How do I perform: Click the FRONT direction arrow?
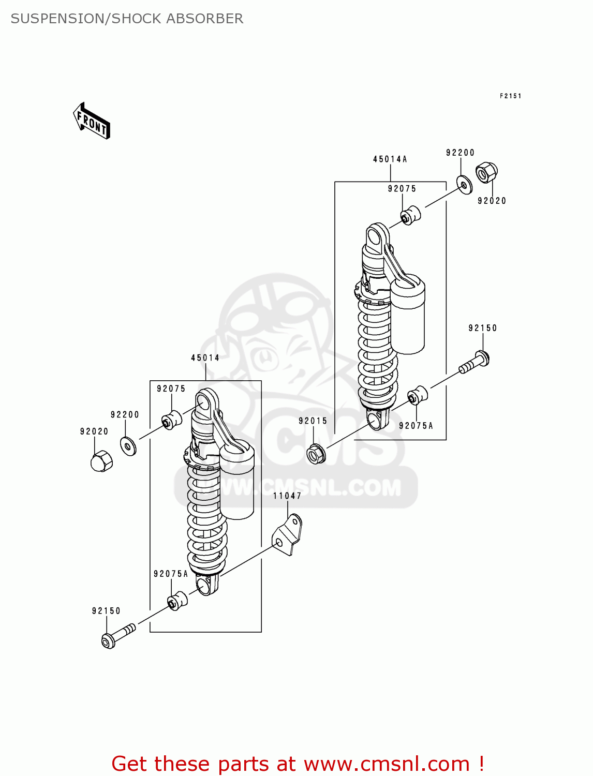(x=92, y=121)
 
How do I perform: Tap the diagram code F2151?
(x=510, y=96)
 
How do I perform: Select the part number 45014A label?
(x=390, y=159)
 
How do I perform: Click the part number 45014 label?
(x=205, y=358)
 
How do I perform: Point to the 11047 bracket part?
(x=288, y=535)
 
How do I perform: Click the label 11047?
(x=287, y=496)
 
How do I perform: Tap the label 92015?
(x=313, y=421)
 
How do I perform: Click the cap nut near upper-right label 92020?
(x=486, y=172)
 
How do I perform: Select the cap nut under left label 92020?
(x=101, y=460)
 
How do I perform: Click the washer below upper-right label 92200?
(x=464, y=185)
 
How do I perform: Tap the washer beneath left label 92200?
(x=128, y=445)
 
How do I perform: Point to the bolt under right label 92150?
(x=474, y=362)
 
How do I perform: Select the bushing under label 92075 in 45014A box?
(x=410, y=215)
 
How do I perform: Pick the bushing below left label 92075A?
(x=176, y=600)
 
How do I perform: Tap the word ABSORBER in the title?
(x=212, y=19)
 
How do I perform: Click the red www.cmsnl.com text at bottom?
(x=386, y=764)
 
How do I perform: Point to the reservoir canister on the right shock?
(x=407, y=316)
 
